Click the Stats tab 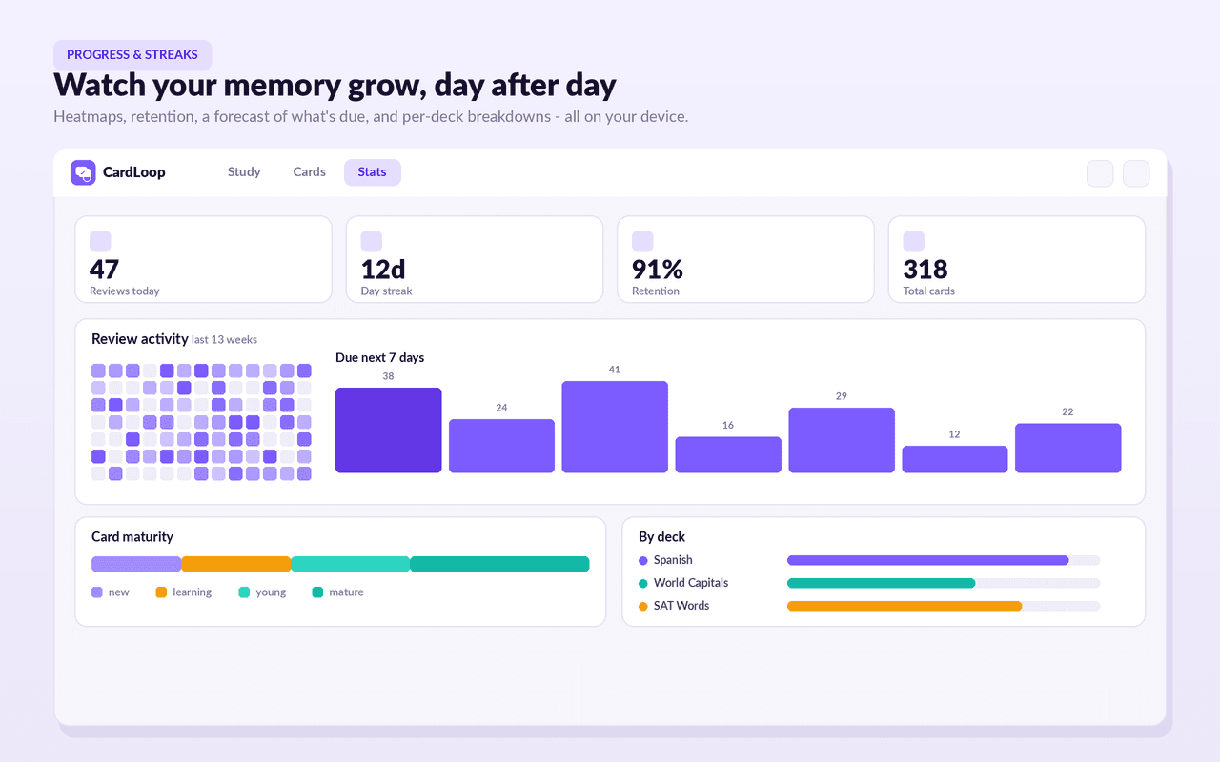[372, 172]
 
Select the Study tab [244, 172]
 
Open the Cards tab [309, 172]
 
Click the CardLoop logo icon [83, 172]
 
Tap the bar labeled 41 [615, 427]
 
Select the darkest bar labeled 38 [388, 430]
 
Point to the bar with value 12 [955, 459]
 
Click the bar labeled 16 [728, 454]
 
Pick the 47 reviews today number [104, 269]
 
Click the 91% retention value [658, 269]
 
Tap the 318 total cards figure [925, 269]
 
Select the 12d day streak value [383, 269]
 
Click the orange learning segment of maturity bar [235, 564]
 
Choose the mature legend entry [337, 592]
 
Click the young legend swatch [244, 592]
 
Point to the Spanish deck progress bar [928, 560]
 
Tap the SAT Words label [681, 605]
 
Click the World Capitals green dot [642, 584]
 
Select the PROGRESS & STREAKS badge [132, 55]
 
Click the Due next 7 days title [379, 357]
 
